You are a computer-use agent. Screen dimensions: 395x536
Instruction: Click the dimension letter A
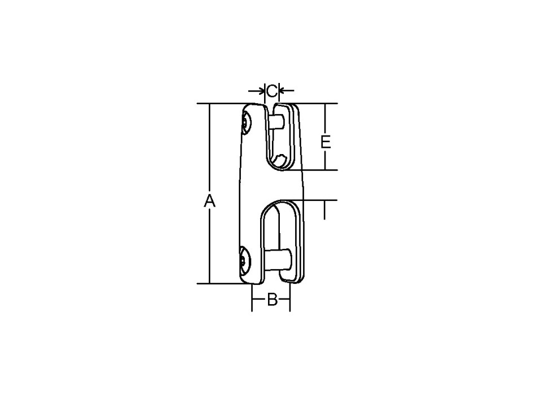(x=210, y=200)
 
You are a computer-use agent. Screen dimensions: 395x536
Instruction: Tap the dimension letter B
(x=271, y=300)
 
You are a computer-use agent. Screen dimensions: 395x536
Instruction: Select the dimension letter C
(x=271, y=90)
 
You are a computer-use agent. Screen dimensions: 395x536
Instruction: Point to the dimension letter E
(x=325, y=142)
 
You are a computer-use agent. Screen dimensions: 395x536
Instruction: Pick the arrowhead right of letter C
(x=282, y=90)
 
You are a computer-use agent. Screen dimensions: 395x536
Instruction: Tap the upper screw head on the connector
(x=245, y=123)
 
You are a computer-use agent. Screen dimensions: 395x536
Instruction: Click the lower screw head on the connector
(x=244, y=261)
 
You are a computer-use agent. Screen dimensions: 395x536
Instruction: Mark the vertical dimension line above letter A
(x=210, y=147)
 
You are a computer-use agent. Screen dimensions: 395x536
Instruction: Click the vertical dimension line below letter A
(x=210, y=248)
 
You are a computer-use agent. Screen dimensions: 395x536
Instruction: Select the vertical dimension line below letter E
(x=325, y=161)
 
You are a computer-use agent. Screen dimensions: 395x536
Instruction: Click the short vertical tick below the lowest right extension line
(x=325, y=211)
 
